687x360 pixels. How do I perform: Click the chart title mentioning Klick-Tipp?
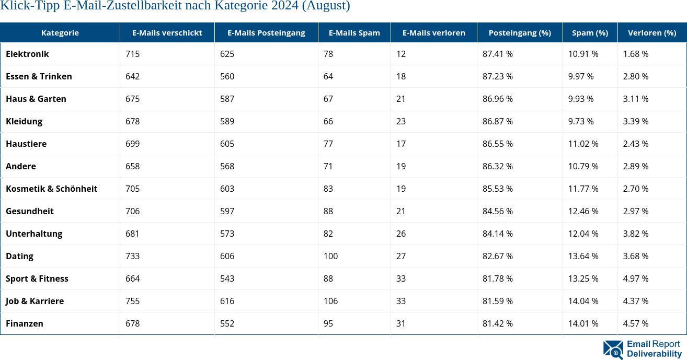pos(175,6)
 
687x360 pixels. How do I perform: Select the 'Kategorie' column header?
pos(60,32)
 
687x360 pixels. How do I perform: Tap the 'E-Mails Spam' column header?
pos(354,32)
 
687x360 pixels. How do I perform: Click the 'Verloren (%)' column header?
pos(651,32)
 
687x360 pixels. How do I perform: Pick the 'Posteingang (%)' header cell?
pos(519,32)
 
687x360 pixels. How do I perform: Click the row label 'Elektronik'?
pos(27,54)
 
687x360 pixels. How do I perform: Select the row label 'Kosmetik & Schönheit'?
pos(51,189)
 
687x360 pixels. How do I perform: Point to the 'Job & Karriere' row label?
pos(35,301)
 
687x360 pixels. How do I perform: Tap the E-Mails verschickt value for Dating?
pos(133,256)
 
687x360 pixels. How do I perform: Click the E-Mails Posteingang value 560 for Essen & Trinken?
pos(227,76)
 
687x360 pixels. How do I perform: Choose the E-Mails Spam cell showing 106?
pos(330,301)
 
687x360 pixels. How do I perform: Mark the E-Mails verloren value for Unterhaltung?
pos(401,234)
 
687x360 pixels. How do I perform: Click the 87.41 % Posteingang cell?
pos(497,54)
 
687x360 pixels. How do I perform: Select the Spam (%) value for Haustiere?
pos(583,144)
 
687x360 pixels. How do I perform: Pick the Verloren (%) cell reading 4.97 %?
pos(635,278)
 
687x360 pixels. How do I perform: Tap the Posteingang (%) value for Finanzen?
pos(497,323)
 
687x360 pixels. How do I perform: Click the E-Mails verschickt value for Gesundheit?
pos(133,211)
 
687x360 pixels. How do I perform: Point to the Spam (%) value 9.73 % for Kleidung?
pos(581,121)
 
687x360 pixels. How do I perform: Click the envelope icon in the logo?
pos(613,350)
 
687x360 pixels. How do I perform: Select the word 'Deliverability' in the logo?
pos(654,354)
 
